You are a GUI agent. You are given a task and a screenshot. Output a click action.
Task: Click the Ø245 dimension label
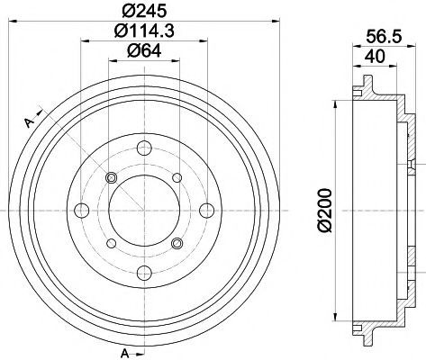point(144,11)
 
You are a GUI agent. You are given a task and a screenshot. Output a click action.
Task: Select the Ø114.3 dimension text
point(144,31)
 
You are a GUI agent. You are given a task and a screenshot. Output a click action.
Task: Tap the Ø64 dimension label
point(144,50)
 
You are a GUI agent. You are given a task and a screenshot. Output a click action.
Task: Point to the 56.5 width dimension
point(384,37)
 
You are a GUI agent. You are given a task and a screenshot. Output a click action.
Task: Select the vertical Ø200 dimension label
point(325,210)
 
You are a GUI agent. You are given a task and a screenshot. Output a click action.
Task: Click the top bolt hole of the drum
point(144,148)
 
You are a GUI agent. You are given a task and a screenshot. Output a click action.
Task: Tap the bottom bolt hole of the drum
point(144,273)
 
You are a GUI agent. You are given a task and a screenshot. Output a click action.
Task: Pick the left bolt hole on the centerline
point(81,210)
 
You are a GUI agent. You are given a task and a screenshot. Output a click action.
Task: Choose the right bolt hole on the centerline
point(207,210)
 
